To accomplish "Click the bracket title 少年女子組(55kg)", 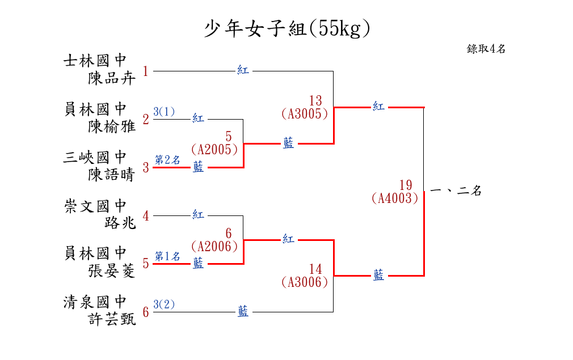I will [286, 28].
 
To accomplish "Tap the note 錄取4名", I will [486, 49].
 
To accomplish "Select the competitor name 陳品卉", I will [112, 78].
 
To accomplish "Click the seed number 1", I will [146, 71].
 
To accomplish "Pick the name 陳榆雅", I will [112, 126].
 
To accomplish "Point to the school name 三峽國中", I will [95, 157].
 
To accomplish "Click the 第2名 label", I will [167, 160].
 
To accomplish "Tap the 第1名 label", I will [167, 256].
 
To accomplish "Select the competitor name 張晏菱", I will [112, 271].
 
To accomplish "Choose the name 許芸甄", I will [112, 320].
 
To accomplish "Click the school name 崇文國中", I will [95, 205].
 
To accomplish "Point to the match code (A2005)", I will [214, 150].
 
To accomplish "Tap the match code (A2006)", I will [214, 246].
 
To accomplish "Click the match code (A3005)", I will [305, 113].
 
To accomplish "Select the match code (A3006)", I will [305, 282].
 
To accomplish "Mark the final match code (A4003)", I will [395, 198].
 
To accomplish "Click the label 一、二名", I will [456, 191].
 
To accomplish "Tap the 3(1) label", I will [164, 112].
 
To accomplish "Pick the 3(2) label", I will [164, 304].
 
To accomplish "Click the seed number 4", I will [146, 216].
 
